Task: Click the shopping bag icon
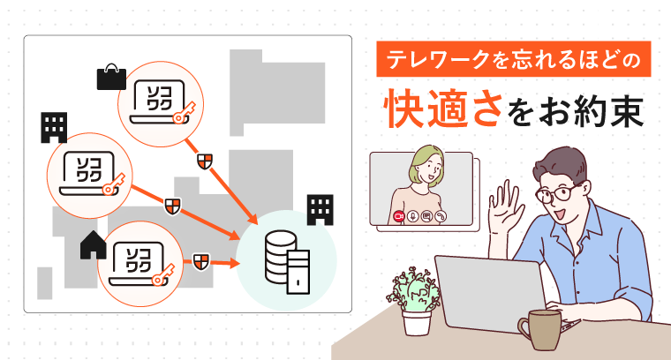111,78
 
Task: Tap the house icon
94,245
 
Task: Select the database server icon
287,262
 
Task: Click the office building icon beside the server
320,209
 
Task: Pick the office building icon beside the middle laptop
54,127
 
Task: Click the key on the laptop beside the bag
184,112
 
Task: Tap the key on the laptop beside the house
163,274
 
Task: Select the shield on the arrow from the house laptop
201,262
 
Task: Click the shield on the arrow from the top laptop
205,161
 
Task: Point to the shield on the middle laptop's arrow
172,206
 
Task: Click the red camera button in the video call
399,216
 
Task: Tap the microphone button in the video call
412,216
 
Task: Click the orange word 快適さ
443,109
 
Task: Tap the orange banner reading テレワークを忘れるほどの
514,59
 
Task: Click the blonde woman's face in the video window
429,167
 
